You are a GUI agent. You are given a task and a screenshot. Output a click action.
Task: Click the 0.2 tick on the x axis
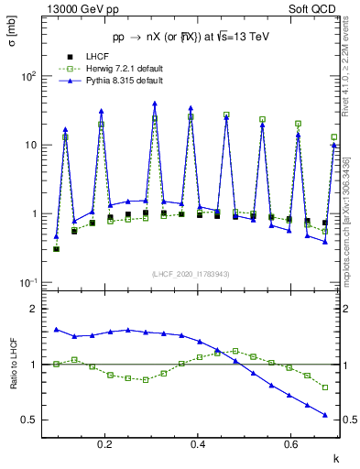(105, 445)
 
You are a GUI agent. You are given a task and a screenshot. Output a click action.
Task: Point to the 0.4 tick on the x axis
(199, 445)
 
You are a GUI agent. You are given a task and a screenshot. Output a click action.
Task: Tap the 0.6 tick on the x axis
(291, 445)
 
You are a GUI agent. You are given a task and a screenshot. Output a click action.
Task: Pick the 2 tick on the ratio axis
(33, 310)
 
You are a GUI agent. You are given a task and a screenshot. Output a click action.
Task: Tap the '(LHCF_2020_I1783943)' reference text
(189, 274)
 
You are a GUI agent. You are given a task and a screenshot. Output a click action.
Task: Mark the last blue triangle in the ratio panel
(325, 415)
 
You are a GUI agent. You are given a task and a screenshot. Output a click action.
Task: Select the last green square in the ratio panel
(325, 387)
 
